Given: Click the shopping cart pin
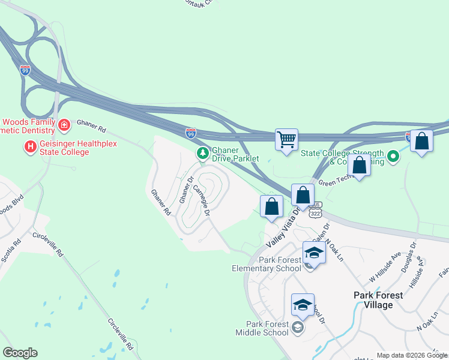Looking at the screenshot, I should tap(287, 140).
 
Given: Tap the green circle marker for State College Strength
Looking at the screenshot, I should tap(393, 157).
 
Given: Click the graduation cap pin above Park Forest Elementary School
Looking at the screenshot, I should tap(314, 253).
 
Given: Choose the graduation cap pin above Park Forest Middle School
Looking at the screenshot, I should tap(303, 305).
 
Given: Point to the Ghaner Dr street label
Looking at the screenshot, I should tap(184, 189).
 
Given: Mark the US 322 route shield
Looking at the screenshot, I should tap(316, 212).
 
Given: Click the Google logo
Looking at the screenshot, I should tap(20, 353).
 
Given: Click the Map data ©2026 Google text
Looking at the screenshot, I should tap(411, 355).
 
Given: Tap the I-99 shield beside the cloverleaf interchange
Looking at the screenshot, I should tap(25, 70).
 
